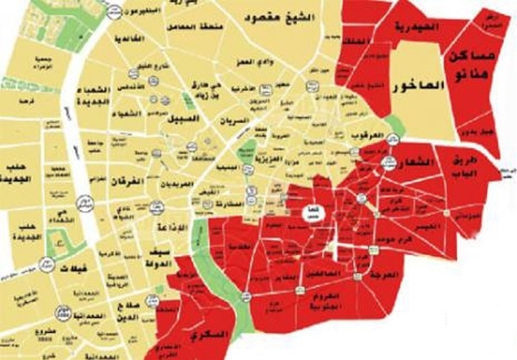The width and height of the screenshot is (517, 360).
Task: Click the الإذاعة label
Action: [x=165, y=217]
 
